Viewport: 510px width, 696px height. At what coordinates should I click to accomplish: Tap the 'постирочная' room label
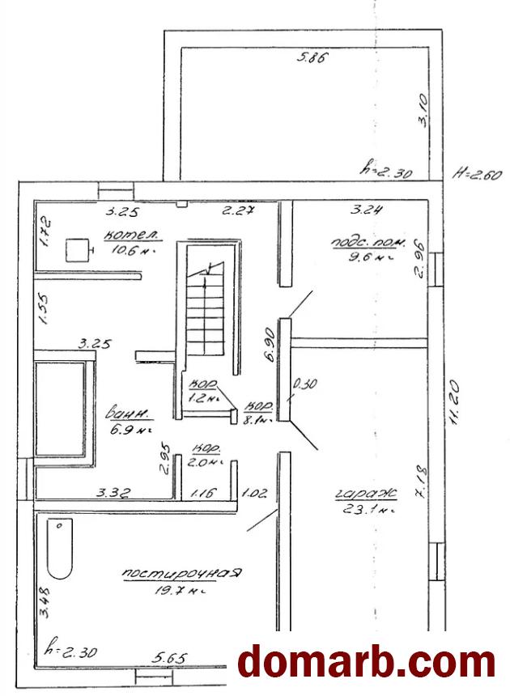coord(182,574)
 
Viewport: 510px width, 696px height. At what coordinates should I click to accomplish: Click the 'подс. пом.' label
coord(360,243)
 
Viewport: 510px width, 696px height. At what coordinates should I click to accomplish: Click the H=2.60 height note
coord(478,175)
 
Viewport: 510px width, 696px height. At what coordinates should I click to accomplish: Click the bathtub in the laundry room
coord(60,549)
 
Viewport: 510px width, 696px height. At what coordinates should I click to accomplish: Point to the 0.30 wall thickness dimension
coord(304,384)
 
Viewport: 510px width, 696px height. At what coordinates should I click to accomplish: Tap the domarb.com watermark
coord(366,662)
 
